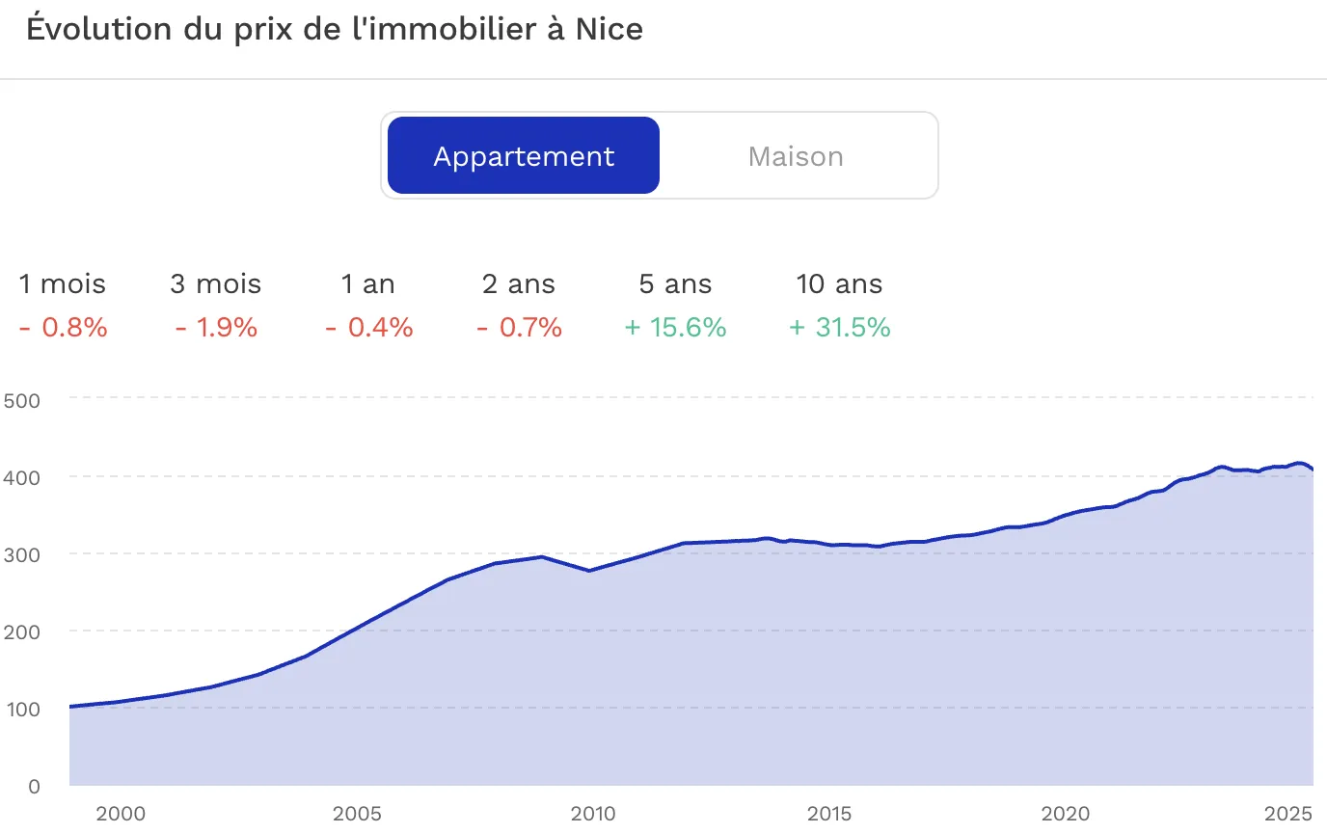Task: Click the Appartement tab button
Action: (523, 155)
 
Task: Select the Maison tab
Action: (795, 156)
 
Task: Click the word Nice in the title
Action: (609, 29)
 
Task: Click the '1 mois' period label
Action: (62, 284)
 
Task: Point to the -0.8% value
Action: (64, 328)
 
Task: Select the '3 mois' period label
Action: (216, 284)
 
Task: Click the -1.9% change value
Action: (216, 328)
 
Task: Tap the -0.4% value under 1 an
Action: (369, 328)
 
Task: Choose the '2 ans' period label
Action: (519, 284)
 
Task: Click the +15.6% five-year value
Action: (675, 328)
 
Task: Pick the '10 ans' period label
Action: (839, 284)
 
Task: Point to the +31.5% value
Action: (839, 328)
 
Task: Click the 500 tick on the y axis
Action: (22, 401)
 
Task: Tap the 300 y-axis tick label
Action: (22, 555)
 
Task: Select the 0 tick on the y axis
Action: (35, 786)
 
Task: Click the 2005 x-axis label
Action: (357, 814)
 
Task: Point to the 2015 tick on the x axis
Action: (828, 814)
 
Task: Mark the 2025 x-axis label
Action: (1287, 814)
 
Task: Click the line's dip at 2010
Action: (589, 571)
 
